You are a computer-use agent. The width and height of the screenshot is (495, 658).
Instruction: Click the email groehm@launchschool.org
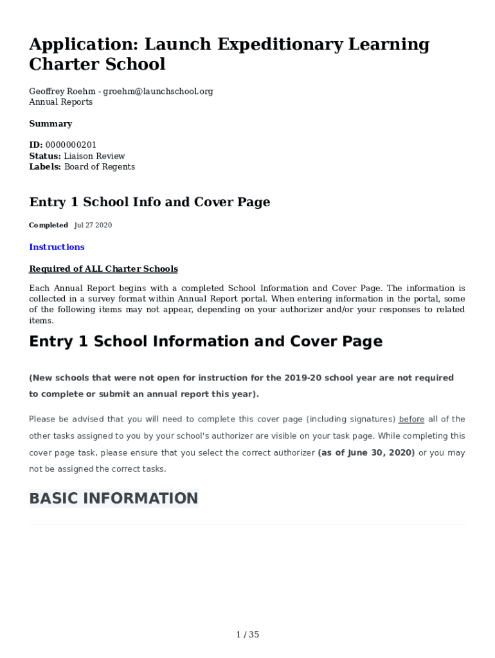157,91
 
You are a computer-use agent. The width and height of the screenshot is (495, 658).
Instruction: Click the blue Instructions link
57,247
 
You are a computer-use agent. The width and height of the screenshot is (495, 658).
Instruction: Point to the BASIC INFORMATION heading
114,499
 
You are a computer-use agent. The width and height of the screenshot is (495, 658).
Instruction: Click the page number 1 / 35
248,635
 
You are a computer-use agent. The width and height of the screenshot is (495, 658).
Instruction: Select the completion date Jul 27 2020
93,226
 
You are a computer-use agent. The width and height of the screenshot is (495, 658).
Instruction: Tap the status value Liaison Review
94,156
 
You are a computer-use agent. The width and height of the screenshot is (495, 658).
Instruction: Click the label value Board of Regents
100,167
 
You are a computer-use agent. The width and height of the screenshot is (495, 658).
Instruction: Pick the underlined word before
411,420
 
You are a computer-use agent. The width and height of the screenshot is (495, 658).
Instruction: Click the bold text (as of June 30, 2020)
366,453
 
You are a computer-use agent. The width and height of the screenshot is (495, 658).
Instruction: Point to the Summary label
51,124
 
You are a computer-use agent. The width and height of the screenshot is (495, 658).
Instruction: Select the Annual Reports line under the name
61,102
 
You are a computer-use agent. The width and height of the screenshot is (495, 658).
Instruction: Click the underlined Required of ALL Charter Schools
104,269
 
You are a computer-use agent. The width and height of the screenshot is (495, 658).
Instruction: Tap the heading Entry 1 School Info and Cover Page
150,202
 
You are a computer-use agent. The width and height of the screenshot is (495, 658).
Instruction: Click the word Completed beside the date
48,226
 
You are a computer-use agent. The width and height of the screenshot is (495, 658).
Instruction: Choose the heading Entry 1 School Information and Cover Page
206,342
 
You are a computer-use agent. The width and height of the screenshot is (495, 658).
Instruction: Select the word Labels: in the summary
45,167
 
